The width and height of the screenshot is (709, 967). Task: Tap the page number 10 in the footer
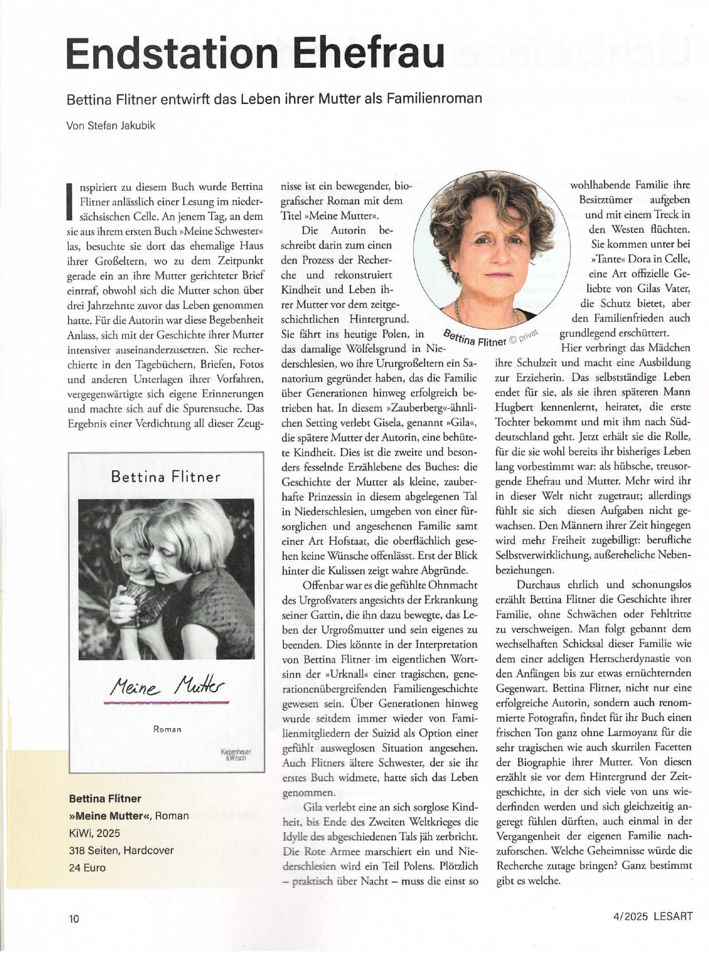point(74,918)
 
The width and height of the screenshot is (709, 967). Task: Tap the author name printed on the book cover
point(165,476)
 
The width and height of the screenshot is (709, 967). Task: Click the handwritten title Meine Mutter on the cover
point(168,686)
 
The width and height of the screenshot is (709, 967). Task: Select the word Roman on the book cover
point(167,729)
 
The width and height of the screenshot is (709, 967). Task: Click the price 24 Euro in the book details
point(87,867)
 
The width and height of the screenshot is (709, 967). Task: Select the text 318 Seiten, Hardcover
point(121,850)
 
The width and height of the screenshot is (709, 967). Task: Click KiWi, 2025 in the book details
point(94,832)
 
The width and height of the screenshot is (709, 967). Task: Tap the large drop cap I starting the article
point(70,198)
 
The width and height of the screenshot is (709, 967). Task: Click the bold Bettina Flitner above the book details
point(105,798)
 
